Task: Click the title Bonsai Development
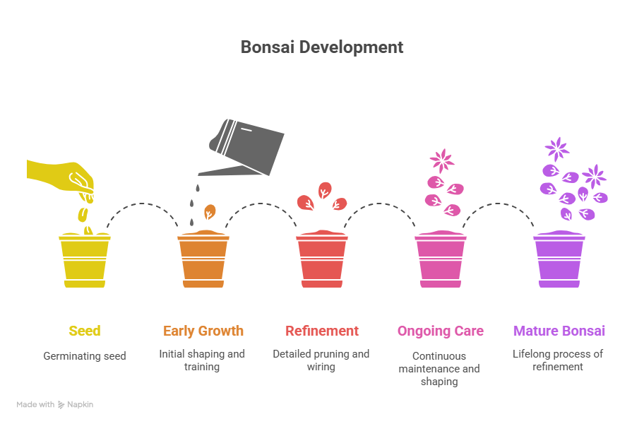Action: [321, 47]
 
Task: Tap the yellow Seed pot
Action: [84, 260]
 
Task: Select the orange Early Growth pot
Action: [203, 260]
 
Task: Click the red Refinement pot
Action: [321, 260]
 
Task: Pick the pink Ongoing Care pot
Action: [440, 260]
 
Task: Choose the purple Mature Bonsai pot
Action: [559, 260]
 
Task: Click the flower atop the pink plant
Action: [442, 160]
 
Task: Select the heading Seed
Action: [84, 331]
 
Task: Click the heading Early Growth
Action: [203, 331]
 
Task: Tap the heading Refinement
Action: [321, 331]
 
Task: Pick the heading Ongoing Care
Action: [440, 331]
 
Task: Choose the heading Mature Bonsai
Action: [559, 331]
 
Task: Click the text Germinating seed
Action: [84, 356]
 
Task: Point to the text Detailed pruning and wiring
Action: [321, 360]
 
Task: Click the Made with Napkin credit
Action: [55, 405]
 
